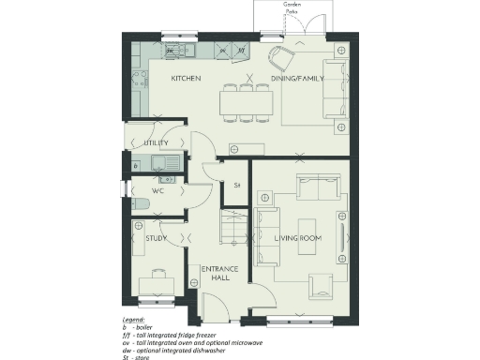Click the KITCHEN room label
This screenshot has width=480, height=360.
point(186,80)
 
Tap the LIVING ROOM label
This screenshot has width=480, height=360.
point(298,239)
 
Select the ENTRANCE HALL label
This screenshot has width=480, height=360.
point(220,275)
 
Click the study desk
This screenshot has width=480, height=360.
point(156,284)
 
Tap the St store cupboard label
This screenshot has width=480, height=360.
point(236,185)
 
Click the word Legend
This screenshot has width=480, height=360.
point(133,320)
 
